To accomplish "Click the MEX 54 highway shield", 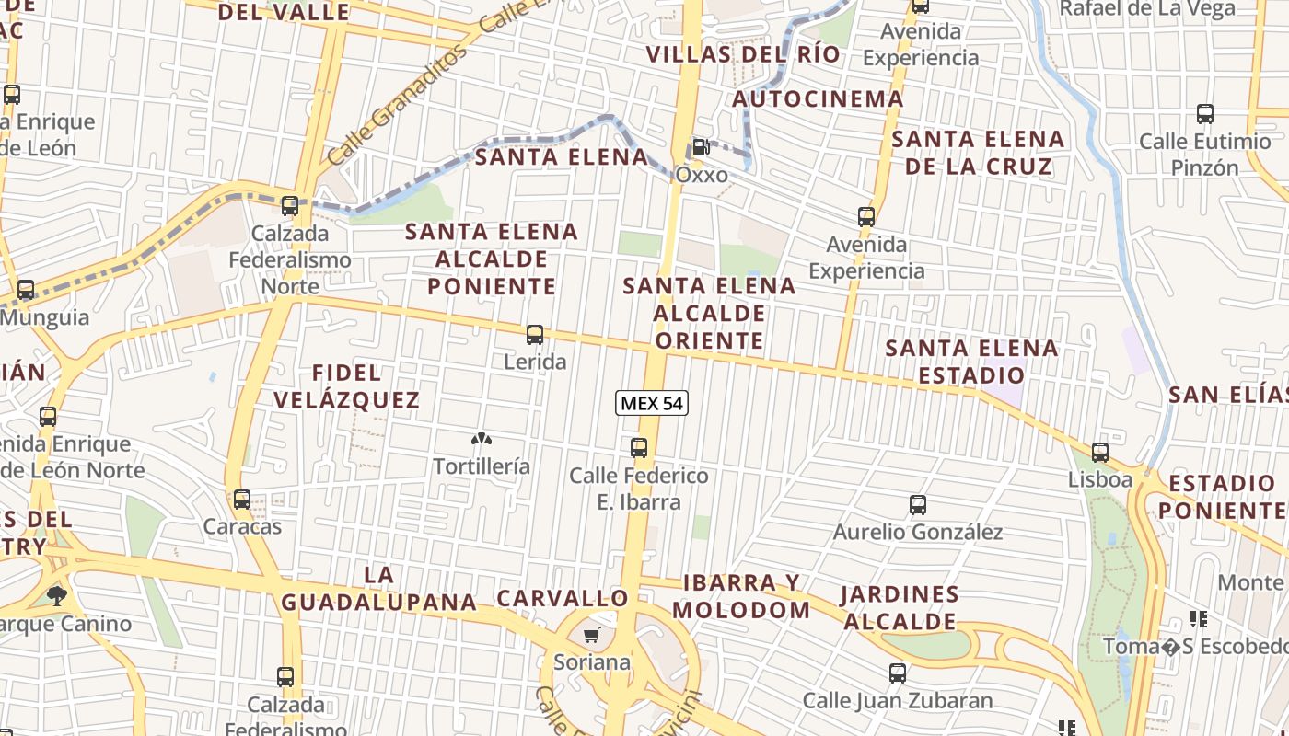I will (653, 403).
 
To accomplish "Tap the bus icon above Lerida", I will (535, 335).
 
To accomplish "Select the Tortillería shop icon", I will (481, 440).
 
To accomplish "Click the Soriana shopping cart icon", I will (592, 636).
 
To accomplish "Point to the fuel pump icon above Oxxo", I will (701, 146).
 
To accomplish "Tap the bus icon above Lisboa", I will (1100, 453).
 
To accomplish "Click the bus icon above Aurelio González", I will (917, 505).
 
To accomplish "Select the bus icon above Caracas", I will (242, 500).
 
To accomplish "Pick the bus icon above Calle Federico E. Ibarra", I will (639, 448).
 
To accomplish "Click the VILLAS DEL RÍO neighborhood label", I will (743, 54).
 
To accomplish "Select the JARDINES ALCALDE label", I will (900, 607).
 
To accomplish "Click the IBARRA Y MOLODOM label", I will (741, 596).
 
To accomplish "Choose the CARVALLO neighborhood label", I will (562, 598).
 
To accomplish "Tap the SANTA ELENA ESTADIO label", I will (971, 362).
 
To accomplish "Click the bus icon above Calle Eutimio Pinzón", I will (1204, 114).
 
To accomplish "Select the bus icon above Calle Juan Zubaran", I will (898, 673).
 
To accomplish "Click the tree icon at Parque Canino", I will (57, 595).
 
